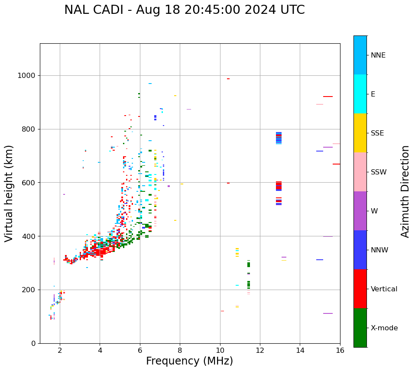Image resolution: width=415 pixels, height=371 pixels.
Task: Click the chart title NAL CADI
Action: click(x=184, y=10)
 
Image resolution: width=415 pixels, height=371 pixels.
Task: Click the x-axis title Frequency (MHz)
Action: click(x=189, y=361)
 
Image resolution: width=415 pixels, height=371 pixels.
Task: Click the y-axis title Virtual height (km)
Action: click(x=9, y=193)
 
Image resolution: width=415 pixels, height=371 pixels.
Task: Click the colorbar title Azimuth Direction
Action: click(x=405, y=191)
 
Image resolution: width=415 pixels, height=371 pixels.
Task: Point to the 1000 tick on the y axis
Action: click(x=28, y=76)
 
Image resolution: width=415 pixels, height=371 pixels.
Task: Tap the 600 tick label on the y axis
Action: click(x=30, y=183)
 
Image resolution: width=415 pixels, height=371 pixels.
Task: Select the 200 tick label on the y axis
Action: click(x=30, y=290)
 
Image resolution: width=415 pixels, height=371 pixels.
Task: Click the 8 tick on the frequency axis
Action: click(x=180, y=350)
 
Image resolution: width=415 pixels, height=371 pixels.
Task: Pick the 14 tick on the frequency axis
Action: click(x=300, y=350)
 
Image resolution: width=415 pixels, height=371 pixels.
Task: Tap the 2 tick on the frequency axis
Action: click(x=60, y=350)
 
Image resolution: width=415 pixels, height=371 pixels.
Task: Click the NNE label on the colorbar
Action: click(x=378, y=55)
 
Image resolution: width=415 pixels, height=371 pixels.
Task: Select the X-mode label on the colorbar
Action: click(x=384, y=328)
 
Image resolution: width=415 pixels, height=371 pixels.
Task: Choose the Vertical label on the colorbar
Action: click(x=384, y=289)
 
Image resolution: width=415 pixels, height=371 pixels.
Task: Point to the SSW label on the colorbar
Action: click(x=379, y=172)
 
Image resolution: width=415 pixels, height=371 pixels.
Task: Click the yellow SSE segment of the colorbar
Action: click(x=360, y=133)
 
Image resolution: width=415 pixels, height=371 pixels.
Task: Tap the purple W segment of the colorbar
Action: click(x=360, y=211)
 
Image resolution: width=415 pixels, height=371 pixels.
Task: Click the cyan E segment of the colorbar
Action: click(x=360, y=94)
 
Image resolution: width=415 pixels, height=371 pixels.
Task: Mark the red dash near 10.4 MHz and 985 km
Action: click(x=228, y=79)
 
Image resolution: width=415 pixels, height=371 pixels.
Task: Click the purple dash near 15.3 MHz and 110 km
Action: click(x=328, y=313)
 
